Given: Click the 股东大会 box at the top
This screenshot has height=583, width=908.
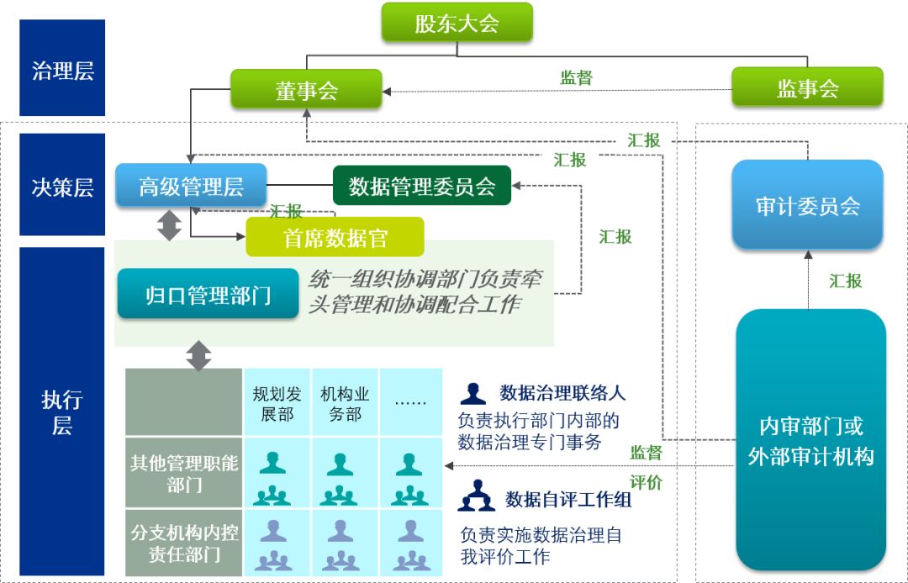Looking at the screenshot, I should (x=457, y=23).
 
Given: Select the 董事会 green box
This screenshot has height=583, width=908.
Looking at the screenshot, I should (x=306, y=89).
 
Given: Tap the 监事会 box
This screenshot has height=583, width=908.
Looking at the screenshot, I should (x=807, y=87).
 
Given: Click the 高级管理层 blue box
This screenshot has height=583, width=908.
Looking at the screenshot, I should (x=191, y=186).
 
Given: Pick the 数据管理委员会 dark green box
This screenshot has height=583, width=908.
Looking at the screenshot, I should (x=422, y=186).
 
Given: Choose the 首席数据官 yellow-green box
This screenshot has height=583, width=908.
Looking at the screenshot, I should (x=335, y=238).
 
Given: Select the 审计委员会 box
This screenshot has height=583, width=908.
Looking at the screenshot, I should (x=807, y=205).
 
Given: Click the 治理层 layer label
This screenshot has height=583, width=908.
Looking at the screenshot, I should (x=62, y=69).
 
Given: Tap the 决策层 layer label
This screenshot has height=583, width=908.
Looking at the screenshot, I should (x=62, y=186).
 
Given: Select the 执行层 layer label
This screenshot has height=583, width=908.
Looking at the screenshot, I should (x=62, y=412).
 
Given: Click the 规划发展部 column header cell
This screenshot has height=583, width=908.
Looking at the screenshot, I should (x=277, y=403).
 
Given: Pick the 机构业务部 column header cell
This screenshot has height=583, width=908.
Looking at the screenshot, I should (x=345, y=403).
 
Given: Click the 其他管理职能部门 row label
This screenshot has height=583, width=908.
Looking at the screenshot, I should (x=183, y=474).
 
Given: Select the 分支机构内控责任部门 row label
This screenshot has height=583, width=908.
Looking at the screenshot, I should (x=183, y=544).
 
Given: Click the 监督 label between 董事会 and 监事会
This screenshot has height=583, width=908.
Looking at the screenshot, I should (x=576, y=77).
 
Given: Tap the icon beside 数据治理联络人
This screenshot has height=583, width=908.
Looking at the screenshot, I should (x=473, y=393).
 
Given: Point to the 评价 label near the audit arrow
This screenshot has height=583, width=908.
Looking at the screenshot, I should (x=646, y=482).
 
